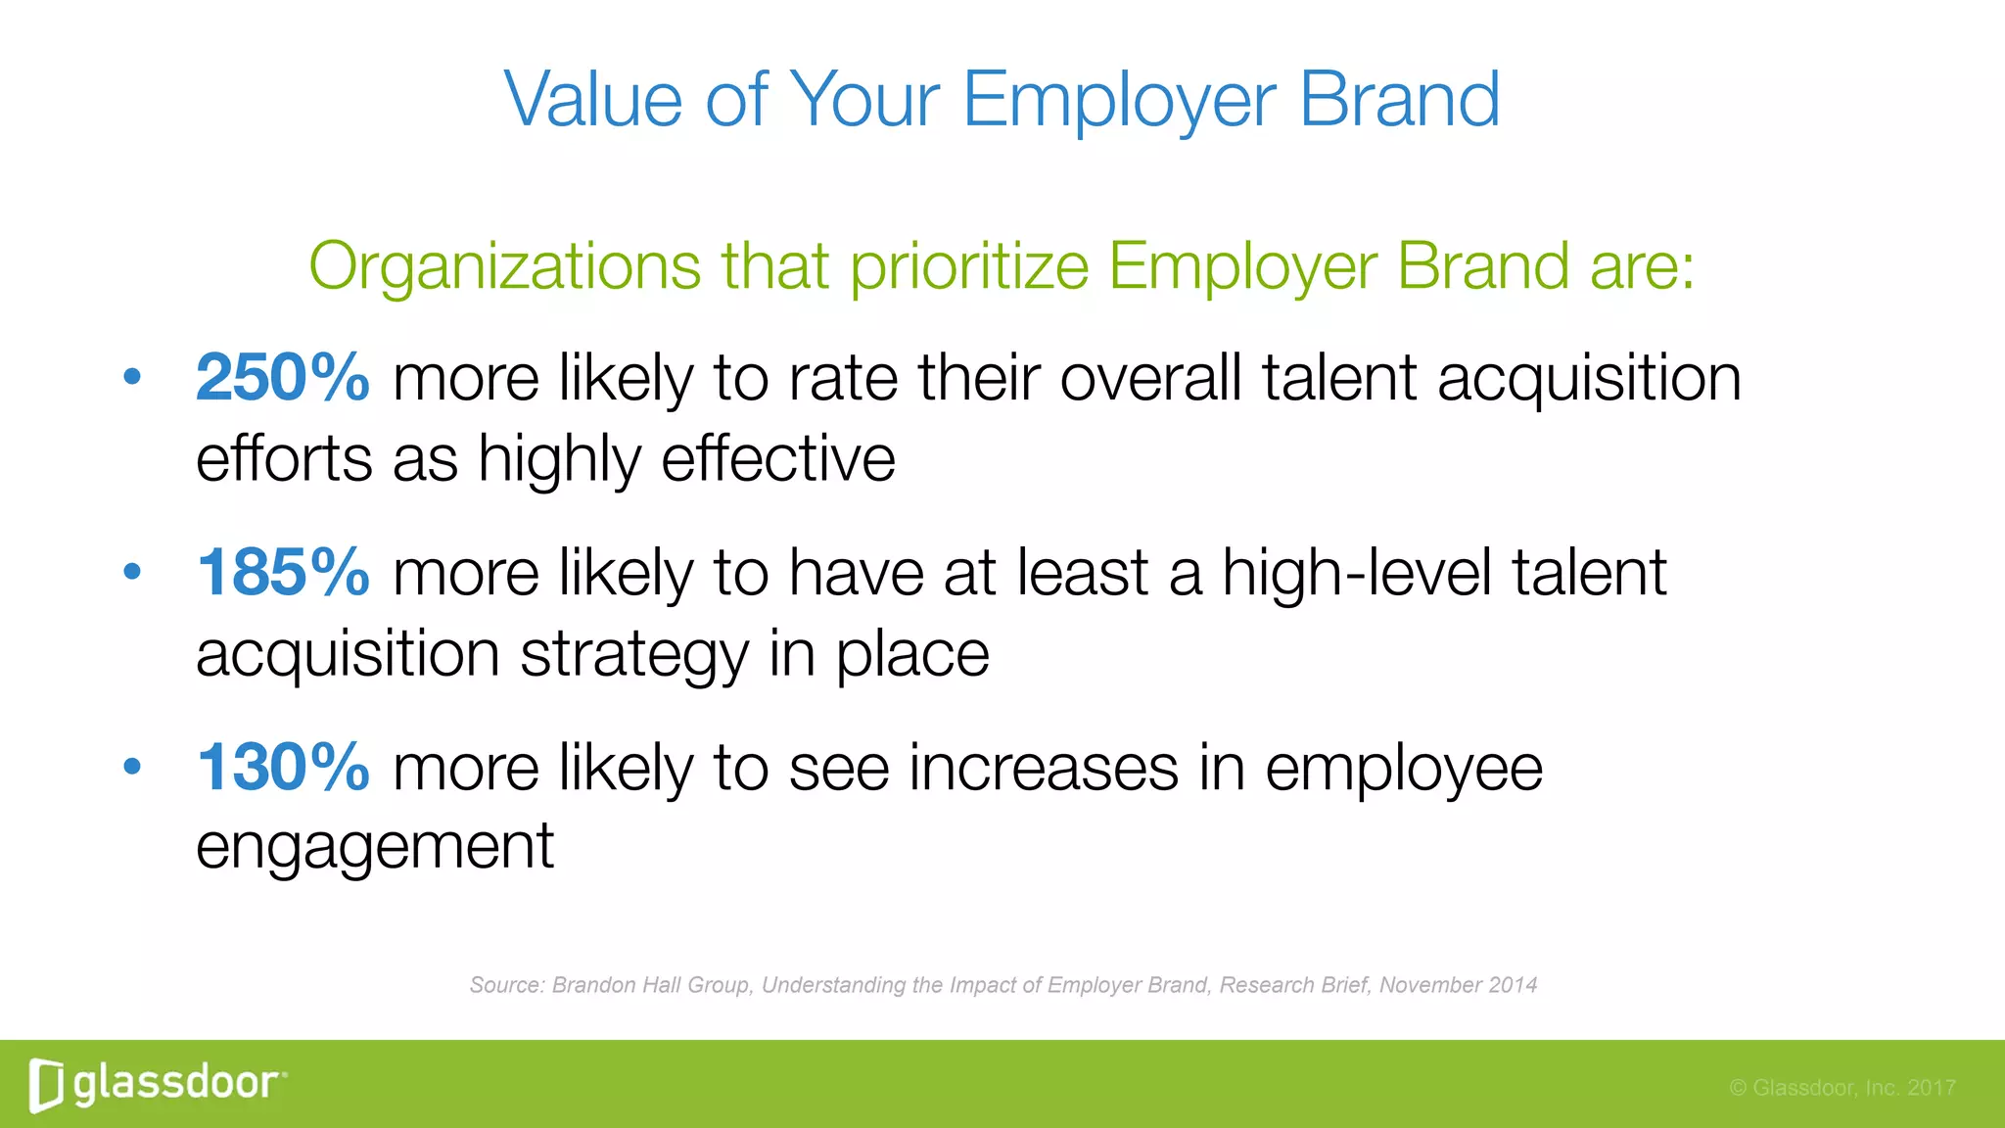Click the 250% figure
click(282, 378)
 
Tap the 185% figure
click(282, 573)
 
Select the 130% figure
click(282, 768)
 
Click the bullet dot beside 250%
click(132, 377)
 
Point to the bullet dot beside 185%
click(132, 572)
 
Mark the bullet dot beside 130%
click(132, 767)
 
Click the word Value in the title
click(592, 100)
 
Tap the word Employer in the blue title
click(1119, 102)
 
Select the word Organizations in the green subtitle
click(504, 266)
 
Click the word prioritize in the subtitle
click(969, 266)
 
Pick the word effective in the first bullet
click(778, 458)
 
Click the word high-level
click(1356, 573)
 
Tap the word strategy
click(633, 654)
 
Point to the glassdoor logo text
click(176, 1084)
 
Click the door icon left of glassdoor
click(45, 1085)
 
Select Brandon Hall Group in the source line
click(651, 985)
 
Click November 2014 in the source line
click(1458, 985)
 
